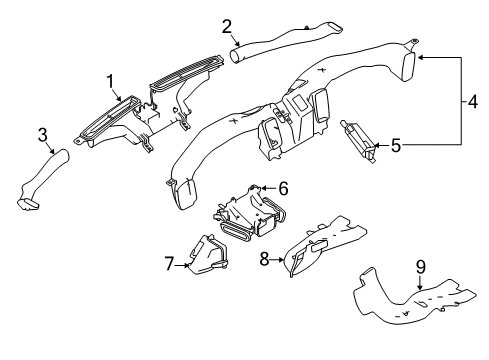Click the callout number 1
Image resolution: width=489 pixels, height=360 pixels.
click(110, 82)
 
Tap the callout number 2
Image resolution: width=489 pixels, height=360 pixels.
click(227, 27)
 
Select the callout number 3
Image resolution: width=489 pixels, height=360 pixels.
click(43, 135)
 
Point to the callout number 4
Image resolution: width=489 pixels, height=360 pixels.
click(473, 102)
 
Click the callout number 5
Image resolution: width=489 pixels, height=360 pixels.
click(396, 146)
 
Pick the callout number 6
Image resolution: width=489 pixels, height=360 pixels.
click(283, 189)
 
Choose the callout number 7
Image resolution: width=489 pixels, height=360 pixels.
click(169, 264)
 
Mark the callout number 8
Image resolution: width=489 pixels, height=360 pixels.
click(264, 259)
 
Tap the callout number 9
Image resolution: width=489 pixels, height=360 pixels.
click(421, 267)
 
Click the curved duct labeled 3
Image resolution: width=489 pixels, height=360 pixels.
click(43, 180)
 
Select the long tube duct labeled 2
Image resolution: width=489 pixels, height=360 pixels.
click(287, 42)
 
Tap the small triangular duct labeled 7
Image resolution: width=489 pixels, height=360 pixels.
click(207, 255)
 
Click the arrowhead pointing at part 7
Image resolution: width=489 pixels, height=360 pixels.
click(187, 265)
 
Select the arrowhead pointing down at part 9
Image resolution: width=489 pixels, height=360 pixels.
click(420, 287)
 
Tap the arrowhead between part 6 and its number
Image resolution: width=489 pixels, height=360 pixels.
click(263, 189)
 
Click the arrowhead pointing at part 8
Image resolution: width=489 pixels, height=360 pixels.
click(281, 259)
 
